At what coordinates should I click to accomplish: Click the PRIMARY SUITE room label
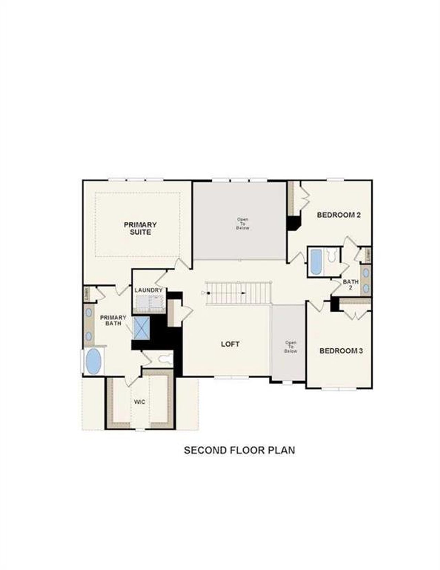pyautogui.click(x=140, y=228)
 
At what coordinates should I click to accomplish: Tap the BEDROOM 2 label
pyautogui.click(x=339, y=215)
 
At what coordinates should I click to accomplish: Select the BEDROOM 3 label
pyautogui.click(x=341, y=351)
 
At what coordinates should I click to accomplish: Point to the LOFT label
pyautogui.click(x=230, y=344)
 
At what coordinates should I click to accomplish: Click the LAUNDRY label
pyautogui.click(x=148, y=290)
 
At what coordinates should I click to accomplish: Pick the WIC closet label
pyautogui.click(x=140, y=402)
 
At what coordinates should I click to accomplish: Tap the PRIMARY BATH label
pyautogui.click(x=113, y=320)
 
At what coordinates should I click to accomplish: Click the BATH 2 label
pyautogui.click(x=351, y=284)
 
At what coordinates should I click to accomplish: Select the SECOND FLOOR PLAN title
pyautogui.click(x=239, y=450)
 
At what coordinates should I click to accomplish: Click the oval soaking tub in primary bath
pyautogui.click(x=93, y=361)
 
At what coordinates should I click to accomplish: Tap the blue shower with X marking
pyautogui.click(x=141, y=328)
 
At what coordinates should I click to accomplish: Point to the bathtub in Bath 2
pyautogui.click(x=316, y=262)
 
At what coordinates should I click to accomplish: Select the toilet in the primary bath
pyautogui.click(x=165, y=359)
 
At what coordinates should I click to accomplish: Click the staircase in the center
pyautogui.click(x=239, y=293)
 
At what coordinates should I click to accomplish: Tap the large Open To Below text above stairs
pyautogui.click(x=243, y=224)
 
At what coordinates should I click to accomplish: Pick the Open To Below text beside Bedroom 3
pyautogui.click(x=290, y=347)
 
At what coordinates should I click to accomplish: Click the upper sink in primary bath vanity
pyautogui.click(x=89, y=312)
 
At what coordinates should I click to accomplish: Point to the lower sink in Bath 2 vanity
pyautogui.click(x=366, y=288)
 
